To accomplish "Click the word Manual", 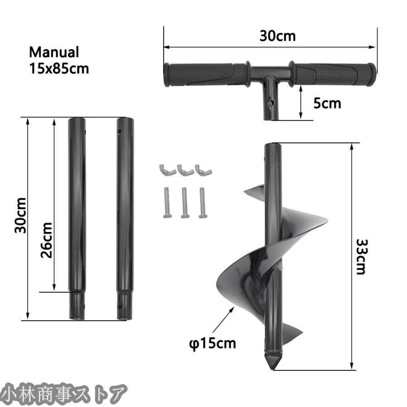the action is click(54, 52).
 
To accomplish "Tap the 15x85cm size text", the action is click(59, 69).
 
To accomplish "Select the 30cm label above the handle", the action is click(278, 36).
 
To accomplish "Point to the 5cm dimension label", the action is click(327, 103).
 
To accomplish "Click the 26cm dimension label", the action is click(47, 240).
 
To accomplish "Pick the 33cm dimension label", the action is click(361, 257).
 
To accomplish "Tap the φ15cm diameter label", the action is click(213, 343).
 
